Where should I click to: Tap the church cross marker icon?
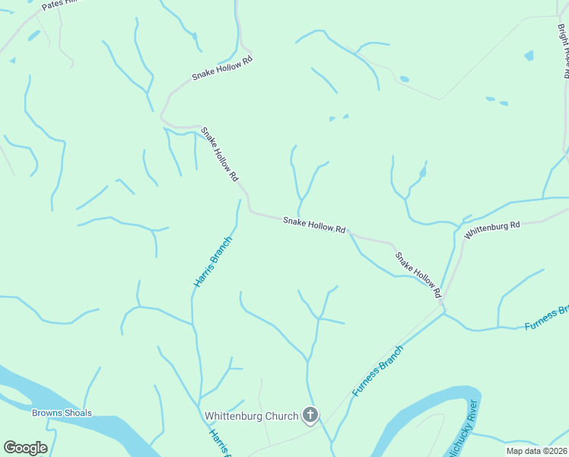[310, 415]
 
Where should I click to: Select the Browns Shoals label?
[62, 414]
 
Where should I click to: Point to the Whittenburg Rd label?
[491, 229]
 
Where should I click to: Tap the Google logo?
[25, 448]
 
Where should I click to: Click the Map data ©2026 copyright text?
[536, 451]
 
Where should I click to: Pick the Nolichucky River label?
[463, 431]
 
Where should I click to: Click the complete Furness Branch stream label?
[377, 371]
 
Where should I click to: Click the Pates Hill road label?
[61, 5]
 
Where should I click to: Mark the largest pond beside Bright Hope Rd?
[529, 56]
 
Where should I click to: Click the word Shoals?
[78, 414]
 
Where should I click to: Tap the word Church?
[278, 416]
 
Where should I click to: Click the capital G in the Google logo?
[10, 448]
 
